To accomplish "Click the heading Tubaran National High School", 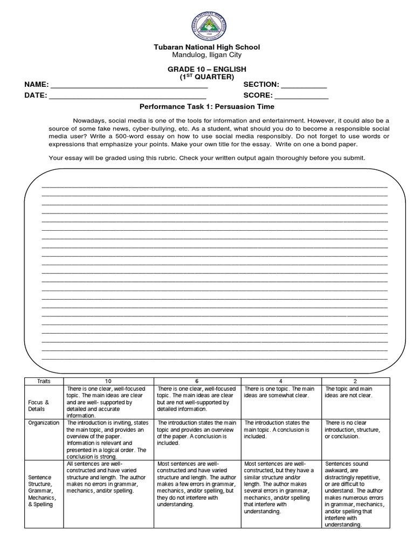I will [207, 47].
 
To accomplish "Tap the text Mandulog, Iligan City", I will [207, 55].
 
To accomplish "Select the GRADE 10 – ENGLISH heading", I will [207, 70].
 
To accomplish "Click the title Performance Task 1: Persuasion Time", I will [207, 107].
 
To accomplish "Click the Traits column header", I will [44, 381].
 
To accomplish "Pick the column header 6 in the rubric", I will [198, 381].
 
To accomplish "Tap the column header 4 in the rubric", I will [281, 381].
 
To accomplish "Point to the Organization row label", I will [44, 423].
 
